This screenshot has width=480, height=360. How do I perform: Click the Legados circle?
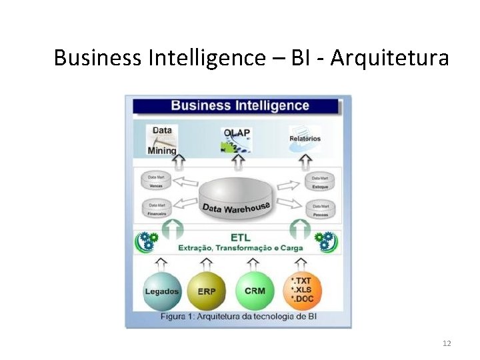click(x=161, y=291)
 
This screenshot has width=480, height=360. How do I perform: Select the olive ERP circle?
click(x=206, y=291)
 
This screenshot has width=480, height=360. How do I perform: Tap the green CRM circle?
click(x=255, y=291)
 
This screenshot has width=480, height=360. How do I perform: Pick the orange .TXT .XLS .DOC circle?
click(x=302, y=291)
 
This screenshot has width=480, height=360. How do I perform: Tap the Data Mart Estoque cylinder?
click(x=319, y=181)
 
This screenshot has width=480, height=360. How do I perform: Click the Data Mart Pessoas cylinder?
click(x=319, y=210)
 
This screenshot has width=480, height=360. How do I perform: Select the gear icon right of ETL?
click(x=325, y=241)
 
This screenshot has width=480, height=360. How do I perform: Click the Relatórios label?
click(x=305, y=139)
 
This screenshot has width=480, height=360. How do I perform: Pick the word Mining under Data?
click(x=162, y=150)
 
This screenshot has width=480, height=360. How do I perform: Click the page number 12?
click(x=447, y=343)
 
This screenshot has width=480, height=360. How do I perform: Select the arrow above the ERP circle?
click(x=206, y=262)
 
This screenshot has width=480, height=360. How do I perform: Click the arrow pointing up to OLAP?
click(x=238, y=161)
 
